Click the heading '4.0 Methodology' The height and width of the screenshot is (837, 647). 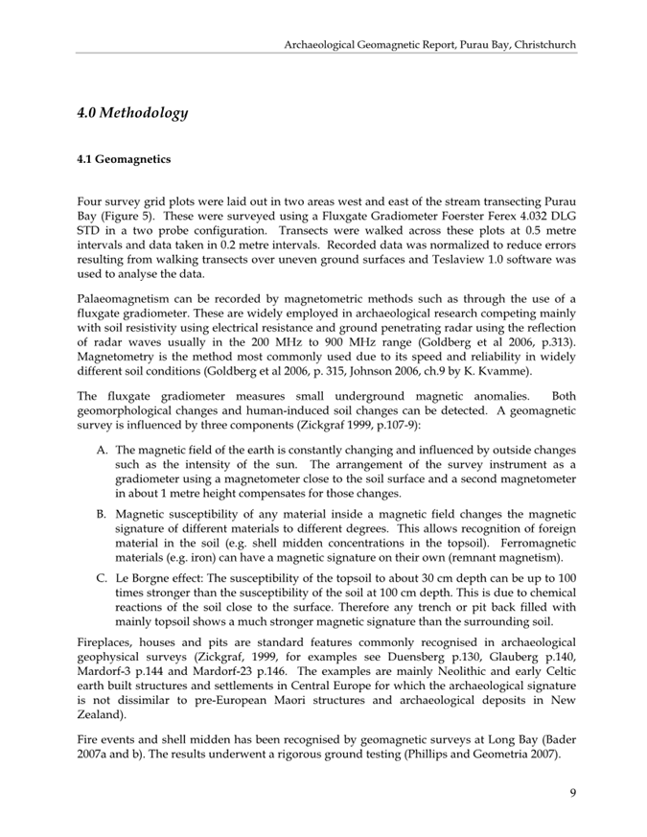click(x=132, y=113)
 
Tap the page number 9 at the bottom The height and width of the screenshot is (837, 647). click(x=571, y=791)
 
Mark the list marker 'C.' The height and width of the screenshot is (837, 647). click(x=101, y=579)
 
